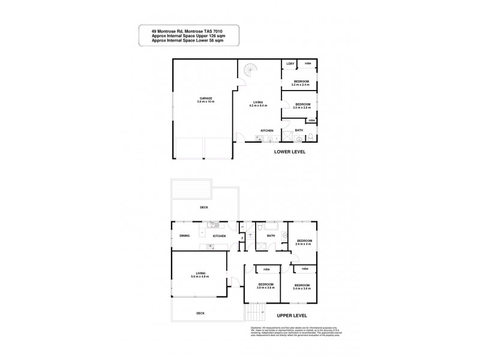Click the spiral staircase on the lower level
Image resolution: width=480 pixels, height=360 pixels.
[250, 73]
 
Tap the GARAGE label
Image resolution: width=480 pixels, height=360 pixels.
[205, 98]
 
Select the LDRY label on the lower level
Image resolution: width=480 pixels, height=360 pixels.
[290, 64]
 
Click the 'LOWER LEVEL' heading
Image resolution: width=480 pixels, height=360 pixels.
[290, 152]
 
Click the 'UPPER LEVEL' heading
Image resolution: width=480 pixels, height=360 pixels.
[292, 314]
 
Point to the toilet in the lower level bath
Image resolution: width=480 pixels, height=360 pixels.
[314, 137]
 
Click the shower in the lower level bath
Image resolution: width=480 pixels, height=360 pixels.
[287, 137]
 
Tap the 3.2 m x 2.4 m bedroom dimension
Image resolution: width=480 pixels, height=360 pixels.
[300, 85]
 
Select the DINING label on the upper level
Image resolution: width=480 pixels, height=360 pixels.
[184, 236]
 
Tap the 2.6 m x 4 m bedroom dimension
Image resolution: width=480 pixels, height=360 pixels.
[304, 244]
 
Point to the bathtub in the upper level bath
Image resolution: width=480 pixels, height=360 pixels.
[264, 229]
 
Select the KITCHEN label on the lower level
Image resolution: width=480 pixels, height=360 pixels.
[267, 130]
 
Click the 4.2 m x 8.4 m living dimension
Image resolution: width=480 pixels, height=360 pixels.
[258, 106]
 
